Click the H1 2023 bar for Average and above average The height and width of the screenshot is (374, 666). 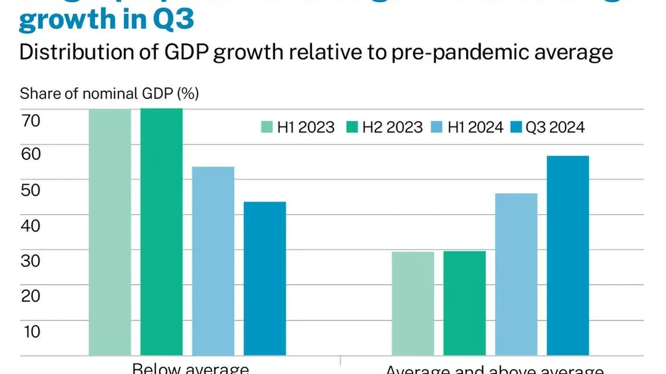pyautogui.click(x=413, y=304)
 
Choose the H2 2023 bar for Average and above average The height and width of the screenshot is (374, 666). pyautogui.click(x=465, y=303)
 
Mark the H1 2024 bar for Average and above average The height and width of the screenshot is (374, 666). pyautogui.click(x=516, y=275)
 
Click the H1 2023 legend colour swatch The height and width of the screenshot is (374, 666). pyautogui.click(x=267, y=127)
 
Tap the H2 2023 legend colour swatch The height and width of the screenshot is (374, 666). pyautogui.click(x=352, y=127)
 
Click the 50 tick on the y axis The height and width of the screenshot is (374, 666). pyautogui.click(x=31, y=190)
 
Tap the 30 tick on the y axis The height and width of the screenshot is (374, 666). pyautogui.click(x=31, y=261)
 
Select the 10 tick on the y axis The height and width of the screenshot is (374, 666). pyautogui.click(x=31, y=331)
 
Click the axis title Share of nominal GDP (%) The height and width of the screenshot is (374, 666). pyautogui.click(x=109, y=94)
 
